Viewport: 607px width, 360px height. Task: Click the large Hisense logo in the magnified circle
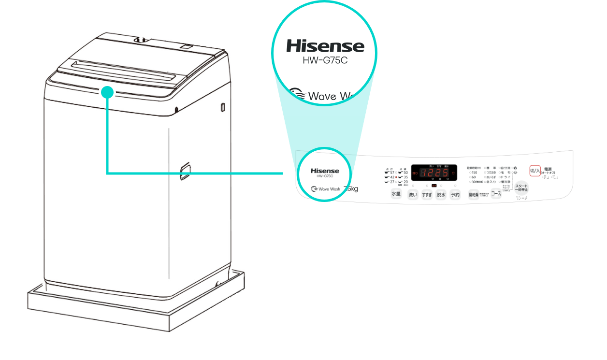point(325,46)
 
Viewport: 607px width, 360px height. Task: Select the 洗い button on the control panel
point(412,195)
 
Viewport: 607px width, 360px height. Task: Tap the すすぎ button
point(427,195)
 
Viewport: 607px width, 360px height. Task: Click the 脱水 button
point(441,195)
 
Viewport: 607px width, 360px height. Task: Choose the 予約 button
point(455,195)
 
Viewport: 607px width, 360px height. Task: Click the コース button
point(496,195)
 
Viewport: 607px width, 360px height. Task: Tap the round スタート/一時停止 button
point(521,188)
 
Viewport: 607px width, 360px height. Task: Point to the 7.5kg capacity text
point(351,188)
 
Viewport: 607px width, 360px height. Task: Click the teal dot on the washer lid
point(108,92)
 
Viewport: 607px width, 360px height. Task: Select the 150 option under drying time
point(474,173)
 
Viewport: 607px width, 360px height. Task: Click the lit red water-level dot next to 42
point(396,177)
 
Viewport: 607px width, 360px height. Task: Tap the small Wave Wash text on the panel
point(330,189)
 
